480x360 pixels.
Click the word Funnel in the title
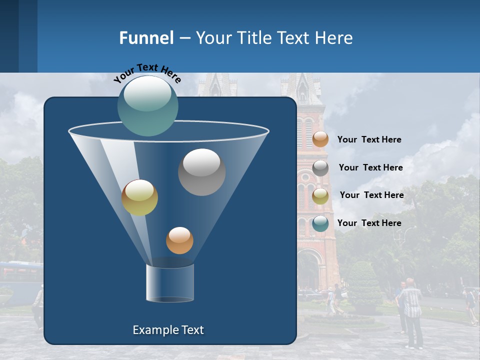[x=146, y=38]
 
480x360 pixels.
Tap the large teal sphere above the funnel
[x=148, y=105]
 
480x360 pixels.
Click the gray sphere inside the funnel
[x=201, y=172]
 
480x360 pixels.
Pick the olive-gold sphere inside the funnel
[x=139, y=197]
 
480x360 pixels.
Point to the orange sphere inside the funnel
[x=179, y=240]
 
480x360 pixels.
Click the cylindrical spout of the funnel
[x=170, y=283]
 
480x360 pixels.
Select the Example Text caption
[x=168, y=330]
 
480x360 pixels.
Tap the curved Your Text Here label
[x=147, y=73]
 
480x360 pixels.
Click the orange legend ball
[x=320, y=139]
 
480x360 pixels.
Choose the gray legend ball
[x=320, y=168]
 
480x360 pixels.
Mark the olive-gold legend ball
[x=320, y=195]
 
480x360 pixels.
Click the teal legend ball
[x=320, y=223]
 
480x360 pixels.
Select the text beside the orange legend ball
[x=369, y=139]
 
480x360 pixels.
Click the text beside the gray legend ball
[x=371, y=167]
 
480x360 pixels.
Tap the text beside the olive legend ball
[x=372, y=195]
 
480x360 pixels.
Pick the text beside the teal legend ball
[x=369, y=223]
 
